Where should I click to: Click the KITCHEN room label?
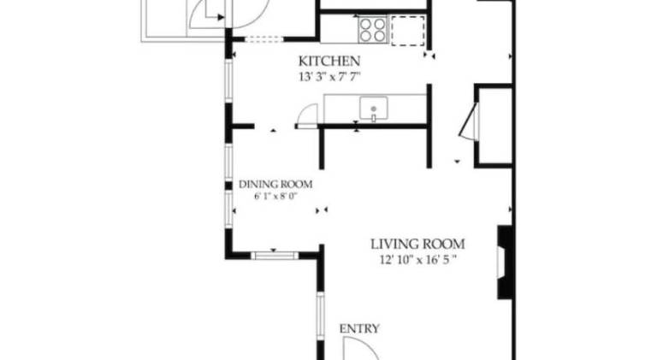pos(328,61)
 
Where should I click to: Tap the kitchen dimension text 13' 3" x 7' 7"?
pos(329,77)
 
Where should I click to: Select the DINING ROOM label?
pos(275,184)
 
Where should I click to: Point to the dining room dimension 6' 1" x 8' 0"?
pos(275,197)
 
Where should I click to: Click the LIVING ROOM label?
pos(417,244)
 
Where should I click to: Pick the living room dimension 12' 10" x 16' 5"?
pos(417,260)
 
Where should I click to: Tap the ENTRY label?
pos(359,328)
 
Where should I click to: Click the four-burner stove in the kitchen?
pos(372,29)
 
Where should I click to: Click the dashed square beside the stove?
pos(408,31)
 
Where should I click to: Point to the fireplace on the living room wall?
pos(505,262)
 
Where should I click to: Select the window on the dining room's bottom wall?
pos(275,256)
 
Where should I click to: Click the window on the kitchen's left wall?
pos(228,80)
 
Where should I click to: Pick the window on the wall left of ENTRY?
pos(320,316)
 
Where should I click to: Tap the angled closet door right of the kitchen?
pos(470,121)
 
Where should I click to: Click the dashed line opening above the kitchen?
pos(264,39)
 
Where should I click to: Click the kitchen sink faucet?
pos(373,118)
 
